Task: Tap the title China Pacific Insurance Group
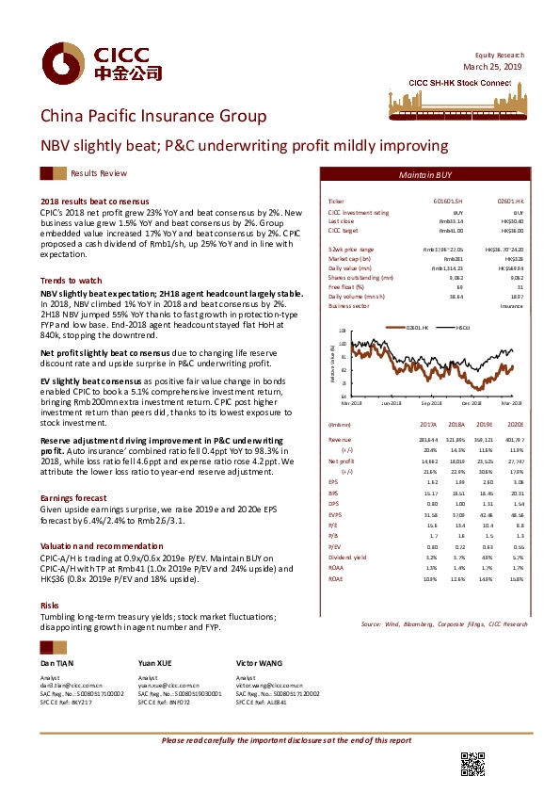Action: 152,117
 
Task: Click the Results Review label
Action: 99,174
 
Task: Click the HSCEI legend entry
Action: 463,327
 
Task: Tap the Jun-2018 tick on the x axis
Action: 392,403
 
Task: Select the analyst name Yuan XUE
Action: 154,664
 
